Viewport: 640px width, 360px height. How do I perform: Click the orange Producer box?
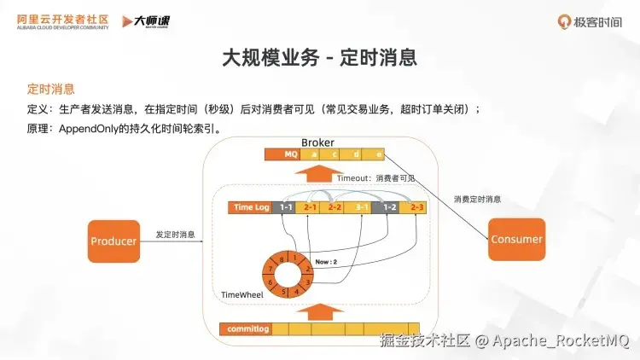[113, 241]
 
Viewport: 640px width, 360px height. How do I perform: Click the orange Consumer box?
[517, 239]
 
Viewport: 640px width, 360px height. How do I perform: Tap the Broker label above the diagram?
[317, 142]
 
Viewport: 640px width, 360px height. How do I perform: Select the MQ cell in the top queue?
[290, 154]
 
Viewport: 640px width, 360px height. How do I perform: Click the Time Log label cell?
[252, 207]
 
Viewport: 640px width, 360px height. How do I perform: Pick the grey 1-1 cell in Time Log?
[286, 207]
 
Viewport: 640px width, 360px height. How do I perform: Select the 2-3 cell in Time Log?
[416, 207]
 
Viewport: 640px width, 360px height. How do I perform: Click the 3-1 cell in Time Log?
[362, 207]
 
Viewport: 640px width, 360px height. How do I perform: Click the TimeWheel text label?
[241, 295]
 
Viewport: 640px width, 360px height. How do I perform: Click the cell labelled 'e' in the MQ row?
[379, 154]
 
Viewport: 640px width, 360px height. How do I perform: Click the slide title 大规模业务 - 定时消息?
[319, 57]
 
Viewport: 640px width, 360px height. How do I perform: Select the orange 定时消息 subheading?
[50, 89]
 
